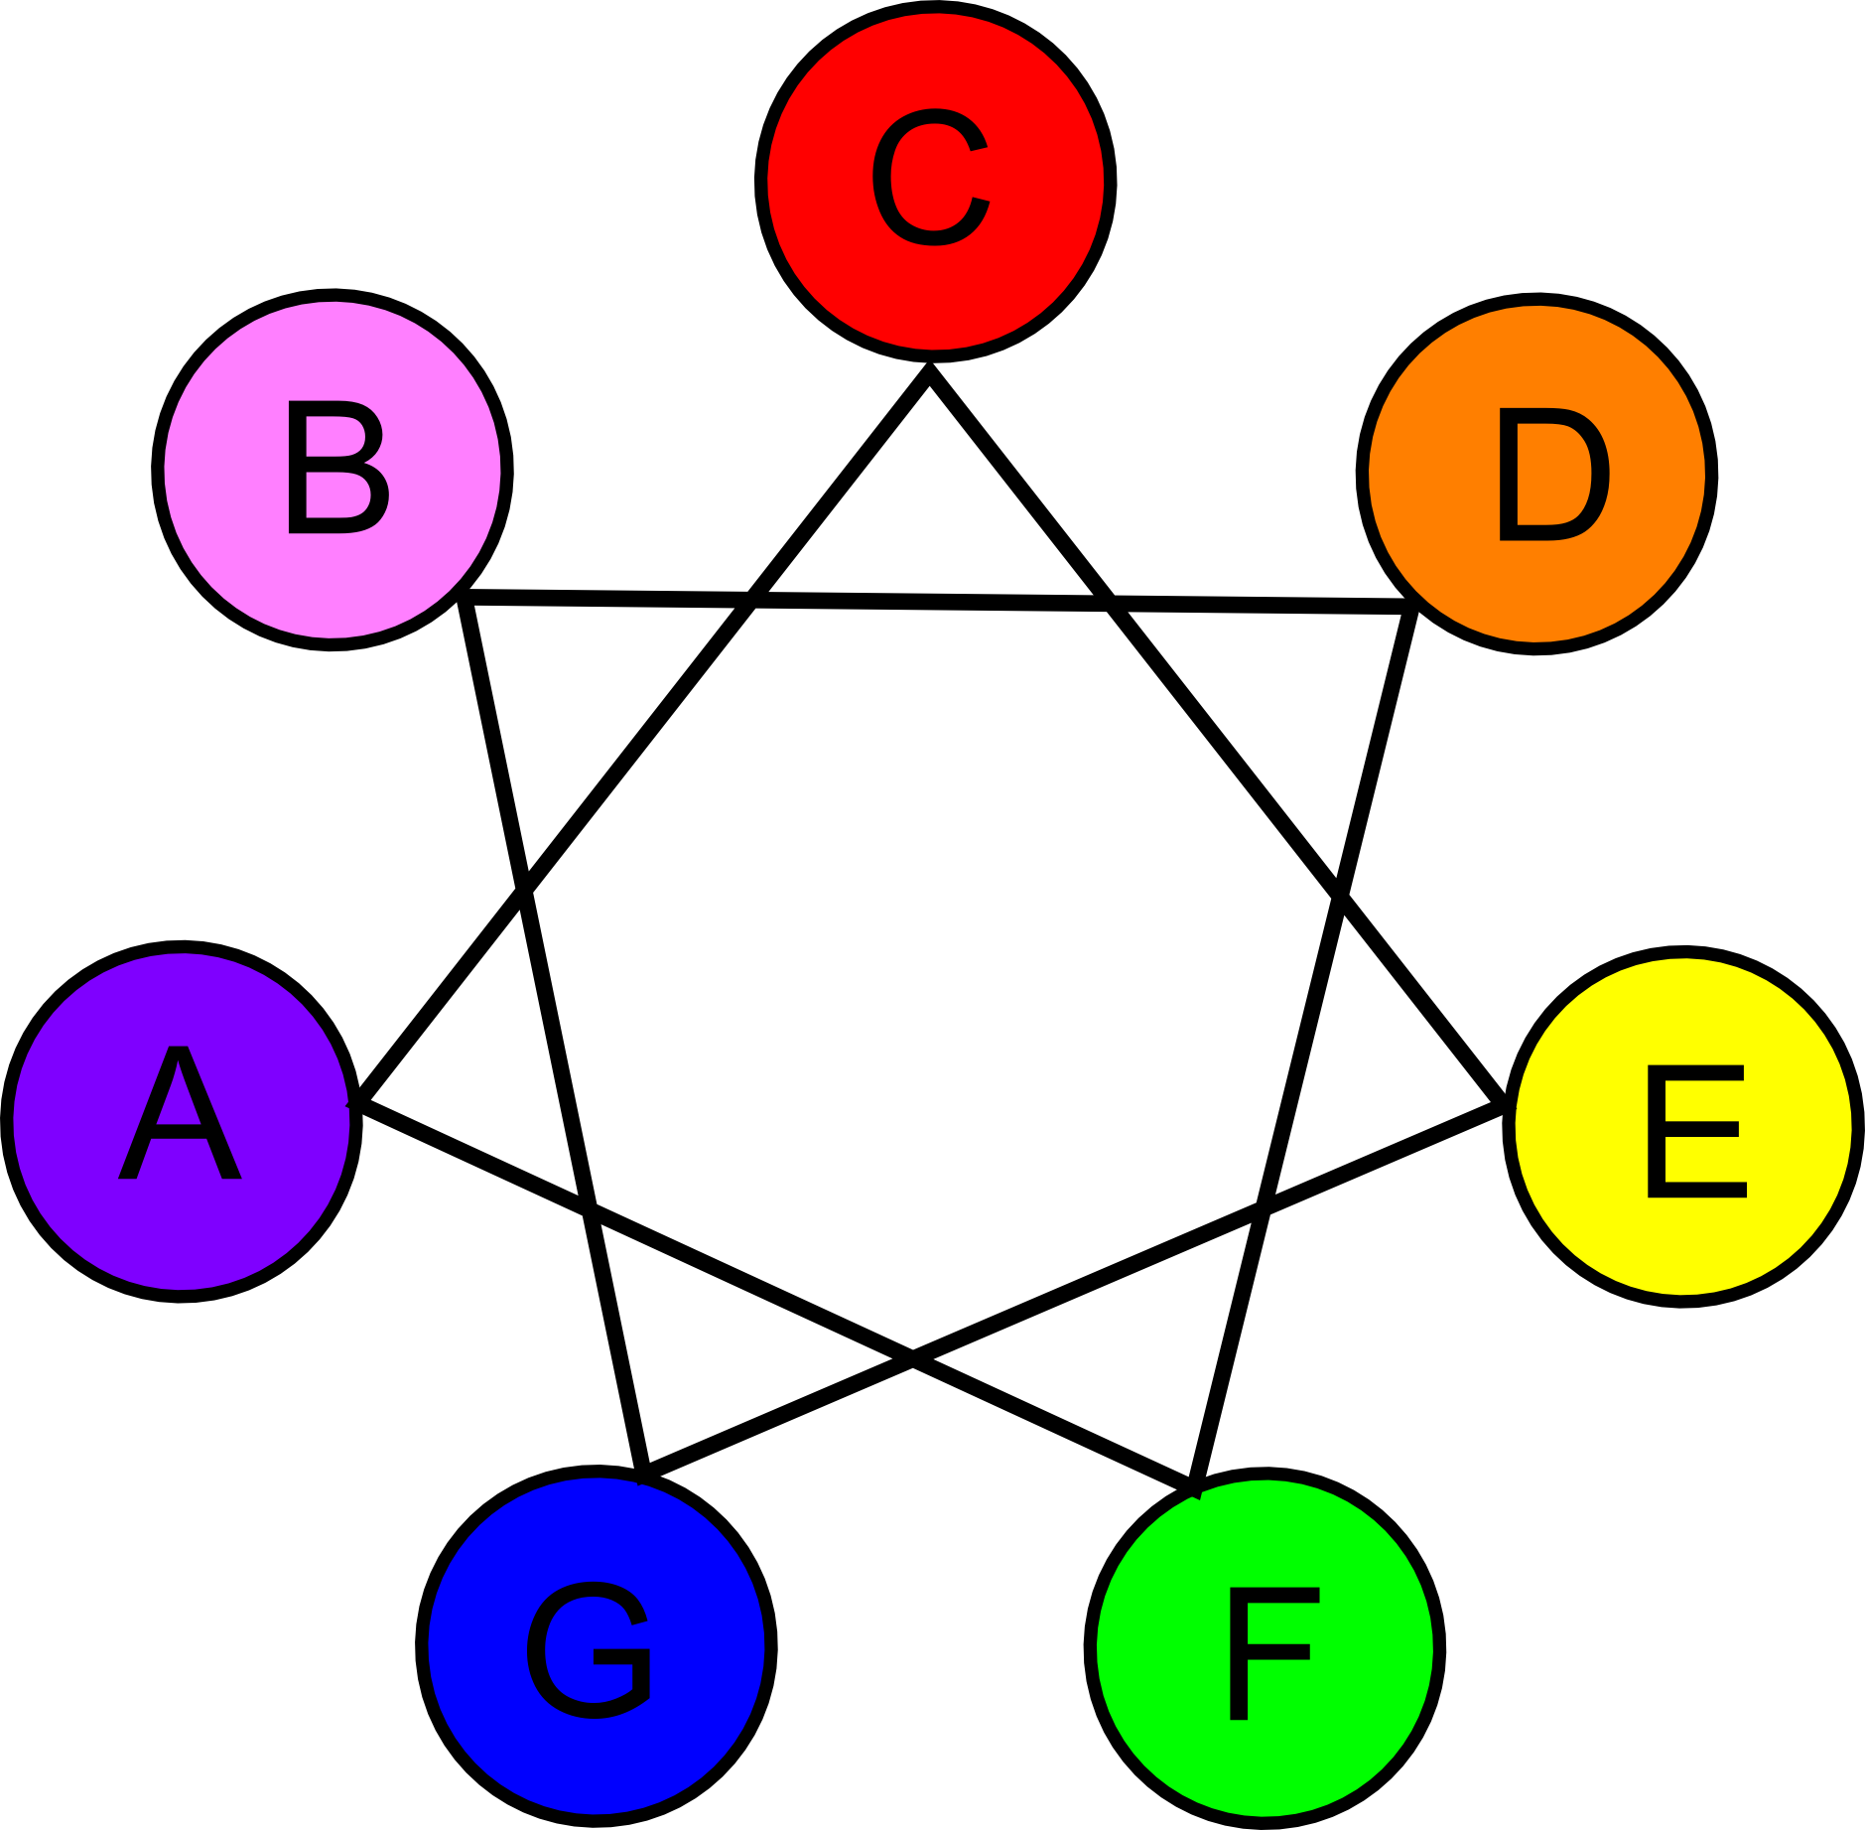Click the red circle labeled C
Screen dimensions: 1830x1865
[935, 182]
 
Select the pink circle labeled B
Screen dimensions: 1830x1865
[333, 470]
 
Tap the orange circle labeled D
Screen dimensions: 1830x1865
[1536, 475]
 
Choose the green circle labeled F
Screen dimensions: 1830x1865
[1265, 1648]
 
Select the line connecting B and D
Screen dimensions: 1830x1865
[933, 602]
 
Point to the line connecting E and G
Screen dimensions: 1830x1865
[1092, 1281]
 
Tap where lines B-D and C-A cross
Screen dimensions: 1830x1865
[750, 599]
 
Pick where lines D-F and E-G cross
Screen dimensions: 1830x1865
[1265, 1204]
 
